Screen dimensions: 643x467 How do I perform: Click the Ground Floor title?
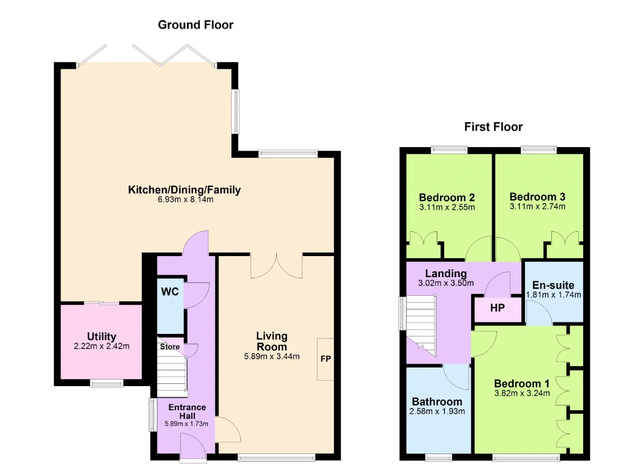pos(195,25)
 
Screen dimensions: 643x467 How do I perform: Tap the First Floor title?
pos(493,127)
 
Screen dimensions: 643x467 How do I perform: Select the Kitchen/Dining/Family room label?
pos(184,190)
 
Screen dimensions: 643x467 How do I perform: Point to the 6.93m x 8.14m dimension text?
pos(185,199)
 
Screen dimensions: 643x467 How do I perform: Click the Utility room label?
pos(101,336)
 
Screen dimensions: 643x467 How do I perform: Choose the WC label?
pos(170,292)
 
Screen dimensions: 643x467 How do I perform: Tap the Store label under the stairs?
pos(170,346)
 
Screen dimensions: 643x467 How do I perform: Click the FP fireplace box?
pos(326,359)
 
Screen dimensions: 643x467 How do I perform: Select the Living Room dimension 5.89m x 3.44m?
pos(272,357)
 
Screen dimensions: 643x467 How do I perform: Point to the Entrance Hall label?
pos(187,411)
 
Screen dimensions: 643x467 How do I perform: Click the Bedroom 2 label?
pos(447,197)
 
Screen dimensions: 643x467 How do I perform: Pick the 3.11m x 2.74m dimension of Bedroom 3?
pos(538,206)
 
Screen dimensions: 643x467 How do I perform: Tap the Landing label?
pos(446,273)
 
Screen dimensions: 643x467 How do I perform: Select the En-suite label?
pos(553,285)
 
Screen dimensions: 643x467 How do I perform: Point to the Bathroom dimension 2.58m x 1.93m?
pos(437,411)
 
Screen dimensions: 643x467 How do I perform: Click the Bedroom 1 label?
pos(522,384)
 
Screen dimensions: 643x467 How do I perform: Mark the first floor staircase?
pos(421,325)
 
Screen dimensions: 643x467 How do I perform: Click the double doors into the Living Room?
pos(276,266)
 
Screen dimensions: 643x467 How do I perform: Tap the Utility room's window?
pos(106,383)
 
